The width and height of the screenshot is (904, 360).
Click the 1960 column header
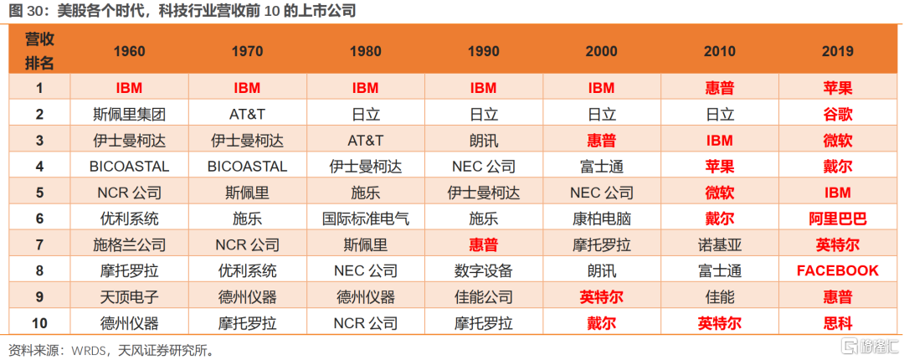click(129, 51)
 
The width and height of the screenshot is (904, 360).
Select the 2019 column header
click(837, 51)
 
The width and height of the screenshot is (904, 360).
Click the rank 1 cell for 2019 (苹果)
click(837, 88)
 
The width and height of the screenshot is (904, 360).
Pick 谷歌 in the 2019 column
click(837, 114)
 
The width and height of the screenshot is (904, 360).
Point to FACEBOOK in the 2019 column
click(837, 270)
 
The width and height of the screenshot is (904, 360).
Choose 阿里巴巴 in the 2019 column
click(837, 219)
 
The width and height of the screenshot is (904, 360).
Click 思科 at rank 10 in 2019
click(837, 322)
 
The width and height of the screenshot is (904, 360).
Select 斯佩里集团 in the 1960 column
click(129, 114)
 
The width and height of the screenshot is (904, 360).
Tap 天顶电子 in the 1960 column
click(129, 296)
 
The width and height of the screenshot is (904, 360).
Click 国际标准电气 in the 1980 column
click(366, 219)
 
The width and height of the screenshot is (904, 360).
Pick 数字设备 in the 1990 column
click(484, 270)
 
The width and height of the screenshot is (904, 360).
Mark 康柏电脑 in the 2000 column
click(601, 219)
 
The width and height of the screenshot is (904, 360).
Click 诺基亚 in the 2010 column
click(719, 244)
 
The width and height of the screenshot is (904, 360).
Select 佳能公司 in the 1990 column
click(484, 296)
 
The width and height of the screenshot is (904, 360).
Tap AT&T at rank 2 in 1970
click(247, 114)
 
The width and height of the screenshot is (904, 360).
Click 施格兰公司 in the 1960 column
click(129, 244)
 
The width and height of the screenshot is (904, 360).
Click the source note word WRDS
click(88, 349)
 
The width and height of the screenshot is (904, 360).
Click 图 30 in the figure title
click(25, 11)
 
